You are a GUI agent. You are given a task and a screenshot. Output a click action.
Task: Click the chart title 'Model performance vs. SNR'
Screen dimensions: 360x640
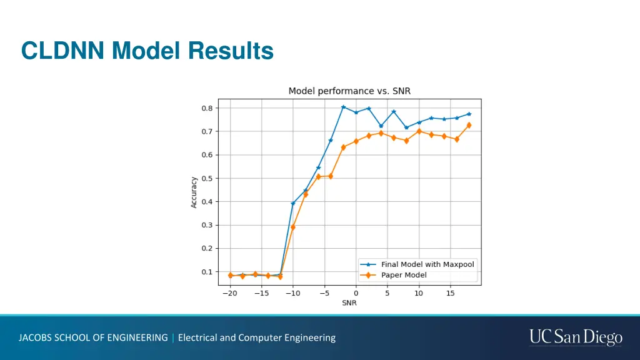(x=349, y=91)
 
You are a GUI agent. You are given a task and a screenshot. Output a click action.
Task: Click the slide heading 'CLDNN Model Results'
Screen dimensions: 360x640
(x=147, y=51)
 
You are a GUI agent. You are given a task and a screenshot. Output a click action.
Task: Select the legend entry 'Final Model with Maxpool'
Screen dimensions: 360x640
(x=427, y=264)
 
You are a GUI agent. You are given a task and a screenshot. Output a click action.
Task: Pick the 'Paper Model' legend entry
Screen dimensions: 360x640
(x=404, y=275)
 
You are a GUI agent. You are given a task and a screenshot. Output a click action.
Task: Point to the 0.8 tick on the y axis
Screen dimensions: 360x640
(x=207, y=108)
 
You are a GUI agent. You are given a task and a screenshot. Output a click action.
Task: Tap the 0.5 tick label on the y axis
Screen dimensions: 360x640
(x=207, y=178)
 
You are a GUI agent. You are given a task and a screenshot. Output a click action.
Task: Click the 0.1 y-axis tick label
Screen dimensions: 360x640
(x=207, y=272)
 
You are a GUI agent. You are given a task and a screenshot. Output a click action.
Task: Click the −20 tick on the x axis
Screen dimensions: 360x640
(x=229, y=293)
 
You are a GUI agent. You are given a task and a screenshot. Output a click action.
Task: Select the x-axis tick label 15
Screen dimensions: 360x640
(x=450, y=293)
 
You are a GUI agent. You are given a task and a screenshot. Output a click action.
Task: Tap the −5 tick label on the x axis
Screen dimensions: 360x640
(x=324, y=293)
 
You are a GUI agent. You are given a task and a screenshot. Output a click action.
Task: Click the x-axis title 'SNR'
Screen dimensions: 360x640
(x=349, y=303)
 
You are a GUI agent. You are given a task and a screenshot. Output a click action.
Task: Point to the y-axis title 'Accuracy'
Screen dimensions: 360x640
(x=194, y=192)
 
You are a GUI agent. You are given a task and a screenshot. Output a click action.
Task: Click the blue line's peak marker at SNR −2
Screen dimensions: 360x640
(x=343, y=107)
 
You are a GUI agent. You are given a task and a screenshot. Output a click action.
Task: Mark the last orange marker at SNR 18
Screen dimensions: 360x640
(x=469, y=125)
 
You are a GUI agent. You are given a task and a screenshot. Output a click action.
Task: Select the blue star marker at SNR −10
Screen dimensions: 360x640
(x=292, y=204)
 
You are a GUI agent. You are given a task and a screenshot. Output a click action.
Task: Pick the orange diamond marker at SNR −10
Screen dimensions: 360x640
(x=292, y=227)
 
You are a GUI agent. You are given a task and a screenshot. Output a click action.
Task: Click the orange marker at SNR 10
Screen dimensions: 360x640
(x=419, y=131)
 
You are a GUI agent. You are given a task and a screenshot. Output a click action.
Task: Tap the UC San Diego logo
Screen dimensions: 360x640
(x=576, y=337)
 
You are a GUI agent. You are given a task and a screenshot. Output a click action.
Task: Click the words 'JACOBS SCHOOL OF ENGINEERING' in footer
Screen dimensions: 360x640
(x=93, y=337)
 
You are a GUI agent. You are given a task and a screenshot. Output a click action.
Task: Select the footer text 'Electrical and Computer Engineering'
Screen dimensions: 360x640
(x=257, y=337)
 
